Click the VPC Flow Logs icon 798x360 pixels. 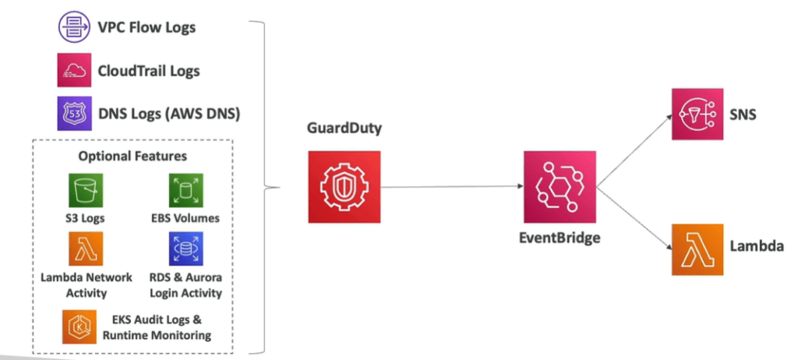74,28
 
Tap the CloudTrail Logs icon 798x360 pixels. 74,71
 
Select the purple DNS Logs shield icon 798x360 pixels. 74,114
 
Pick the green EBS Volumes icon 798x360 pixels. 185,190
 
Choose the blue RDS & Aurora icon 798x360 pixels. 185,249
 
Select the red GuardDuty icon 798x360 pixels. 344,186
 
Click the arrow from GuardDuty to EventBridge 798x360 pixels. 452,187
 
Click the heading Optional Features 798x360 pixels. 132,156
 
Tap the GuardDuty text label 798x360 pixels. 344,129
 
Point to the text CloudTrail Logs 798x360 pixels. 149,71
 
